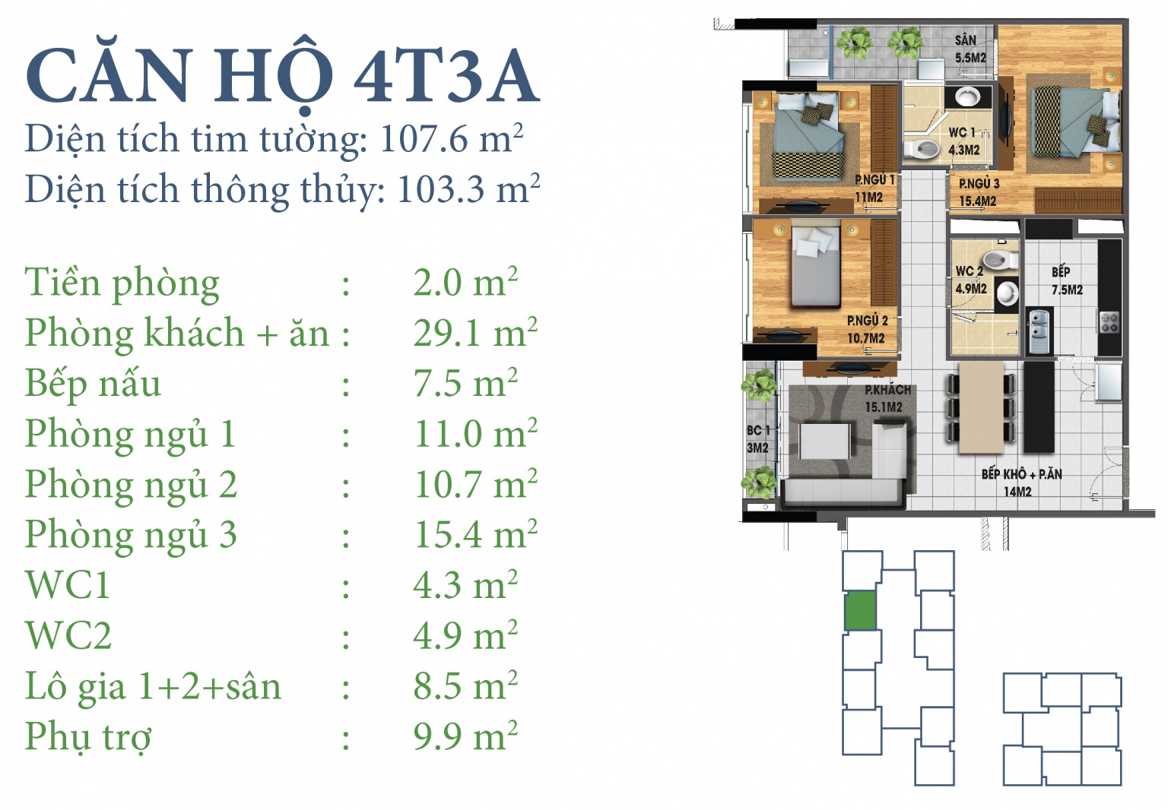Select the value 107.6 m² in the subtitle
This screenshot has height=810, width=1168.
(452, 139)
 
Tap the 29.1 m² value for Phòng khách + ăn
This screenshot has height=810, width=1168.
(475, 332)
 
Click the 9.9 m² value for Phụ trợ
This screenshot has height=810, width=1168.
(465, 736)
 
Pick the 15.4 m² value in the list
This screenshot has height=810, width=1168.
(475, 534)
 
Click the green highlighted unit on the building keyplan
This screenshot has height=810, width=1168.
(860, 610)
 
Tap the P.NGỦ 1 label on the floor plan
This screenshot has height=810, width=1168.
(874, 180)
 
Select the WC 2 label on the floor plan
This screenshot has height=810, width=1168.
(970, 271)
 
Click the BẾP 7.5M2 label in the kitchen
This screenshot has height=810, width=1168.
(1066, 280)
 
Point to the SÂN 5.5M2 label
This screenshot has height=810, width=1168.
(970, 49)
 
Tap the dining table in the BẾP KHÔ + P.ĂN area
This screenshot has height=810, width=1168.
(982, 407)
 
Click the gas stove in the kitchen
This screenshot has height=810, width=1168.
(1109, 321)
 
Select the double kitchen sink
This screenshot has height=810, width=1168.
(1040, 331)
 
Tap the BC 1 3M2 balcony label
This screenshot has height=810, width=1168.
(757, 439)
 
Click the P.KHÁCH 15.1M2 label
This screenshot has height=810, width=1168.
(887, 398)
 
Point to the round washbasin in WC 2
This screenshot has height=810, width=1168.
(1008, 294)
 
